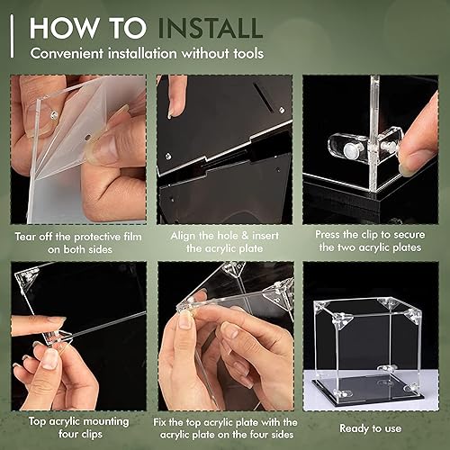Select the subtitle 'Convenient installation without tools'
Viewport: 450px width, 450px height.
148,52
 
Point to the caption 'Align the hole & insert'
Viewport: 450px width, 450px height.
223,237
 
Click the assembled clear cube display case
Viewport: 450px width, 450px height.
369,346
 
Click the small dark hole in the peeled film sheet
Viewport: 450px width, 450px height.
86,138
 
